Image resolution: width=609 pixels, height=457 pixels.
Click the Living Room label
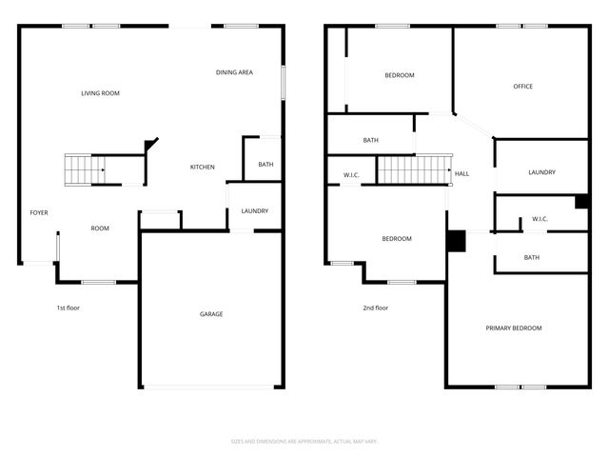tap(100, 93)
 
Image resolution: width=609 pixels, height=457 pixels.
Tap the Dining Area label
tap(233, 72)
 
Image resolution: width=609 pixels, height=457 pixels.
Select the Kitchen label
tap(203, 168)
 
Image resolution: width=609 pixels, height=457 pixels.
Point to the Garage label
tap(211, 314)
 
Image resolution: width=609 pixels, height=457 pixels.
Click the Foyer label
tap(39, 212)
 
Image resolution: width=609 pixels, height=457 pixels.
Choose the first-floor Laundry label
tap(254, 211)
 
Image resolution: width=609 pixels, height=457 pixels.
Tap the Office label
tap(522, 87)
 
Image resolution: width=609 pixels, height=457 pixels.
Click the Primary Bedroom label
tap(513, 328)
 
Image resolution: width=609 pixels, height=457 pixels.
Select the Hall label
tap(462, 174)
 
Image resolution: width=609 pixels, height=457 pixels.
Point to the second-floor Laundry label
tap(541, 172)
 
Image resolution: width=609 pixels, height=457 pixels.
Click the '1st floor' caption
tap(69, 308)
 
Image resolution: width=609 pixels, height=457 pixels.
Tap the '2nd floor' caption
tap(375, 308)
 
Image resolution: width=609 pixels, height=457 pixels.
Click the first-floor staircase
tap(84, 169)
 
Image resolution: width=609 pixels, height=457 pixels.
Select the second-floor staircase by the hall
tap(413, 170)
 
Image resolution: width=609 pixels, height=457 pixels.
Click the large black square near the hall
tap(456, 242)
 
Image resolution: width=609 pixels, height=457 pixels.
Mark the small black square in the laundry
tap(580, 201)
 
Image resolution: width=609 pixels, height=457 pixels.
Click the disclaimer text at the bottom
tap(304, 441)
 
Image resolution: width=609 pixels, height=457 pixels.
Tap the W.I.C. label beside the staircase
tap(351, 175)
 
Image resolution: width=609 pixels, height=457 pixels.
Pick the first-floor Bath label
tap(266, 165)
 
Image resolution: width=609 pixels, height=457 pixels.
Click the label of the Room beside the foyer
tap(100, 228)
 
